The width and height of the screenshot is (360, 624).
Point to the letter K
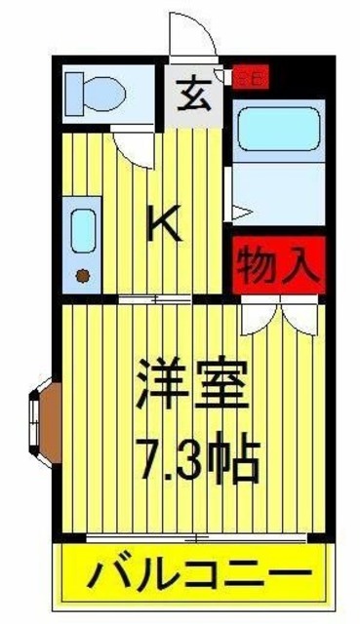(x=163, y=225)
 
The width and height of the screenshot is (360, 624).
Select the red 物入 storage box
(x=279, y=264)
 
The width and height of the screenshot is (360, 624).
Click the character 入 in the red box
(x=301, y=264)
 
